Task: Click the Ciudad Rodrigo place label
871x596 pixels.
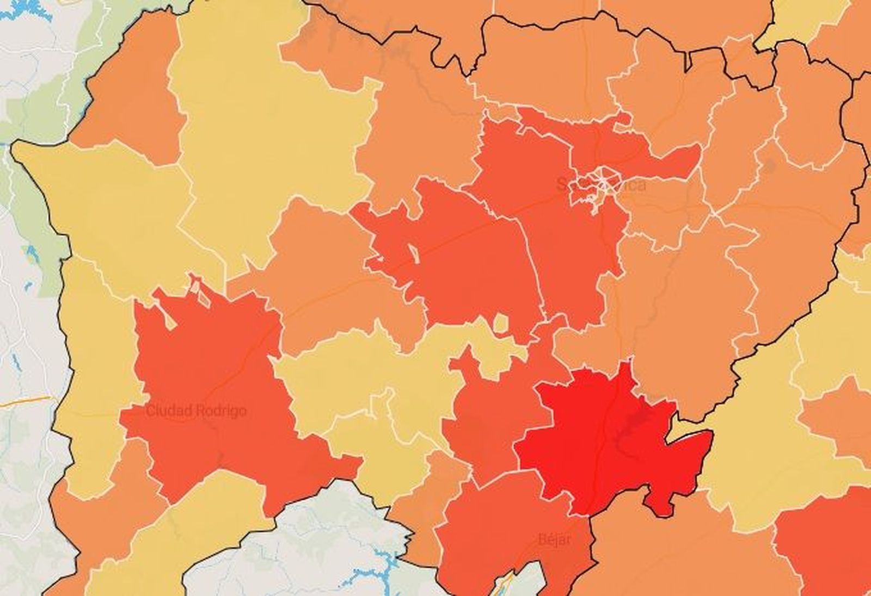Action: (196, 411)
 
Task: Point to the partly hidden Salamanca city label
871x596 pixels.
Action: (602, 185)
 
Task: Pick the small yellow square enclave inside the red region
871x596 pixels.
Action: (501, 324)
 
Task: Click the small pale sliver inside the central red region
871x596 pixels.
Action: (413, 252)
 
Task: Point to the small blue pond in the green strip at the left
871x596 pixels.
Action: (30, 253)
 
